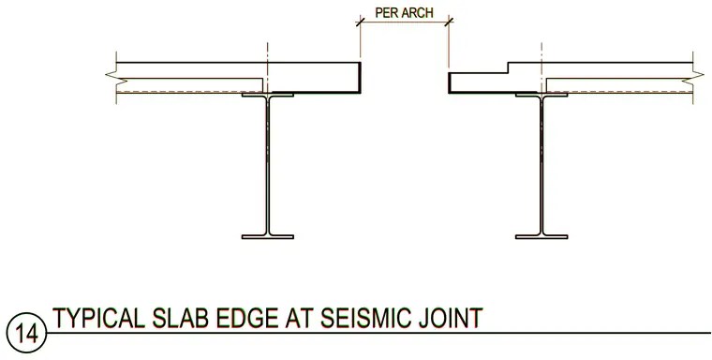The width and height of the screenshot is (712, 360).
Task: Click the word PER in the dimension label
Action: (x=384, y=12)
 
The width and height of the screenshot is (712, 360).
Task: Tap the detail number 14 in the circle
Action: (x=27, y=334)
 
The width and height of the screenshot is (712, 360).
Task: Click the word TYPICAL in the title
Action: (x=98, y=318)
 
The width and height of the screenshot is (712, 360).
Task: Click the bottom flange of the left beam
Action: (x=267, y=237)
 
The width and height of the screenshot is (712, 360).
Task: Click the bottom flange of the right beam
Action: (x=541, y=237)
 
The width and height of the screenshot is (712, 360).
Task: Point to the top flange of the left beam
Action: (x=267, y=95)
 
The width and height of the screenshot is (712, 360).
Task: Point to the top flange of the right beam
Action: (x=541, y=95)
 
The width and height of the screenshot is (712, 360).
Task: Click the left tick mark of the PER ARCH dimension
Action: (x=361, y=22)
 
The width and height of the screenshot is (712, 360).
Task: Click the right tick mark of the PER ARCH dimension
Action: (x=449, y=22)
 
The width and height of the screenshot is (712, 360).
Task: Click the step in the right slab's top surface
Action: (x=508, y=67)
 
